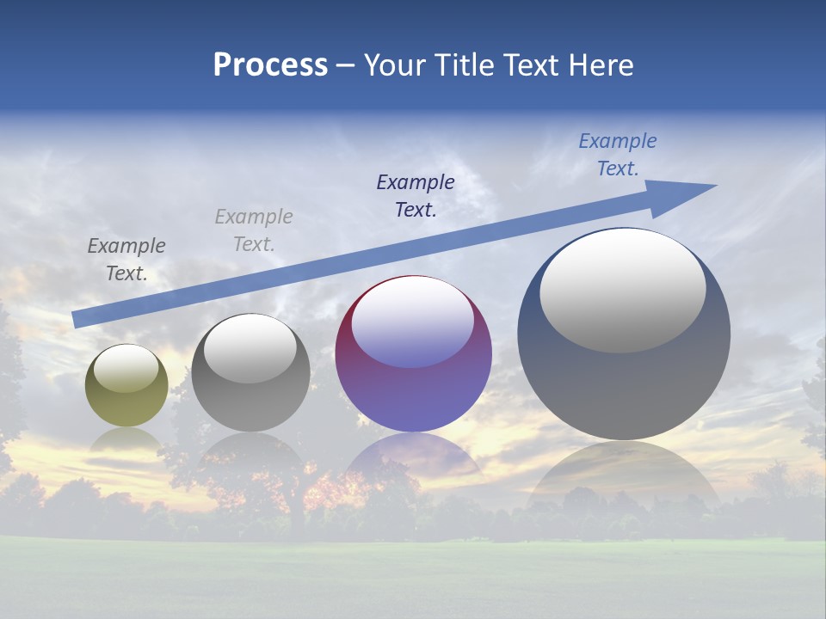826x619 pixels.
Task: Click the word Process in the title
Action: coord(270,65)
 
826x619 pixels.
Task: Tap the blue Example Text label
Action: coord(618,155)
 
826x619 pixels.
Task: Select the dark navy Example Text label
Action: coord(416,195)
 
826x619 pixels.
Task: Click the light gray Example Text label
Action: coord(254,230)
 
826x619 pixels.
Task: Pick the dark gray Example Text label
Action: coord(126,259)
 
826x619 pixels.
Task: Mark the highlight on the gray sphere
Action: coord(250,348)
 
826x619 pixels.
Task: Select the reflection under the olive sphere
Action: coord(126,440)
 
